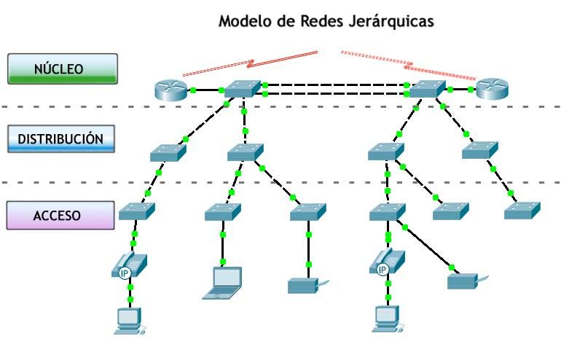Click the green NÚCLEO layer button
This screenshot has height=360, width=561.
(x=62, y=69)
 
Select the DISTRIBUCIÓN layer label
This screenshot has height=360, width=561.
(x=62, y=138)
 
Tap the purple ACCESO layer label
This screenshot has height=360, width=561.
(x=62, y=215)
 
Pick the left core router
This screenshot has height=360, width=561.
(x=172, y=90)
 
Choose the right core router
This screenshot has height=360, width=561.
(x=493, y=90)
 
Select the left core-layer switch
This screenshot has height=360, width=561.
(x=243, y=88)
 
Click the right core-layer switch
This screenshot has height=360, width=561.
(x=428, y=89)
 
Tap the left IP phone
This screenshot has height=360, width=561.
(x=130, y=265)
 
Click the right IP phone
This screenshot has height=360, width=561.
(x=387, y=262)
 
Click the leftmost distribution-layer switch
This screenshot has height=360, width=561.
(x=169, y=152)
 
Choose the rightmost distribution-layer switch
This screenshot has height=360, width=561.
(x=479, y=149)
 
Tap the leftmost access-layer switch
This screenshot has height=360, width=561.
(x=136, y=211)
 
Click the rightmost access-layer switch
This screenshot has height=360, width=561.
(x=522, y=210)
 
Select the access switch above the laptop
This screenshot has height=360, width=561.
(x=222, y=211)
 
